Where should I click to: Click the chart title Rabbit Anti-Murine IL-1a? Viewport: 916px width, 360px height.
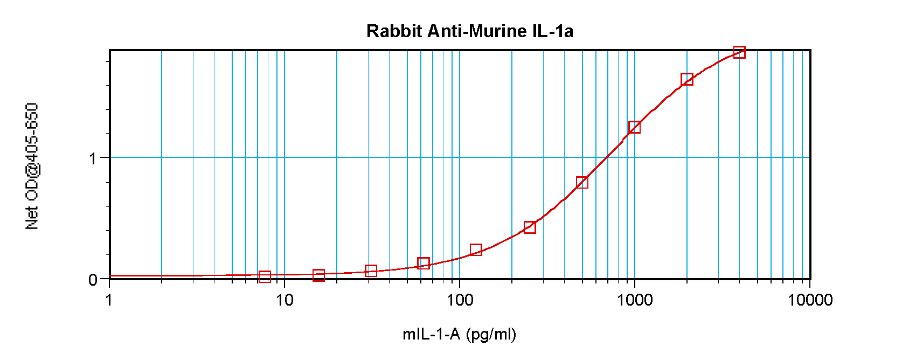[469, 31]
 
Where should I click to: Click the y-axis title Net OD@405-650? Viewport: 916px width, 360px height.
[32, 166]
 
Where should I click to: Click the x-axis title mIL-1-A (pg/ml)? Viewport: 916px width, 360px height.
[459, 335]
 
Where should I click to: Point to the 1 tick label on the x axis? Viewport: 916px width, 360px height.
[109, 300]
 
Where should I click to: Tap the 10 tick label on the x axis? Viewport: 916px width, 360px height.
[284, 300]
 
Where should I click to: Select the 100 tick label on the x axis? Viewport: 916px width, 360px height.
[460, 300]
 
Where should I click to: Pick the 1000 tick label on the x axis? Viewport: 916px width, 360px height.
[635, 300]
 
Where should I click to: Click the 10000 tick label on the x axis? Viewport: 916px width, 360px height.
[810, 300]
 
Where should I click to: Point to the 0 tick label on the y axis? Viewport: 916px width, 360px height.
[93, 280]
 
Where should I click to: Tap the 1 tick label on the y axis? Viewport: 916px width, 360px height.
[93, 158]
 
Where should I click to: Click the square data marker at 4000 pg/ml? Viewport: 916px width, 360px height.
[739, 52]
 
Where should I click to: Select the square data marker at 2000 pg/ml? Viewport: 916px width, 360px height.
[686, 80]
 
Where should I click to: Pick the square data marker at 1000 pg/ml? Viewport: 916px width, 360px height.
[634, 127]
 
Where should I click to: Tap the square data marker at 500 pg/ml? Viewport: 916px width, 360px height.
[582, 182]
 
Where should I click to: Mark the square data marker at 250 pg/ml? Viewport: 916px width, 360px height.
[530, 227]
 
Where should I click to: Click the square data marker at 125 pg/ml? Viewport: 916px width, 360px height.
[476, 250]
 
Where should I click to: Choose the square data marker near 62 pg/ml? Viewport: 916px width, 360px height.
[424, 263]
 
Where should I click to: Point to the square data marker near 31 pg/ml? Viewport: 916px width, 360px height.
[371, 271]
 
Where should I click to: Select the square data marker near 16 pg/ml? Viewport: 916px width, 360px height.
[318, 275]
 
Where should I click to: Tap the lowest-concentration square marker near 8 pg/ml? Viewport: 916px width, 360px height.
[265, 276]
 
